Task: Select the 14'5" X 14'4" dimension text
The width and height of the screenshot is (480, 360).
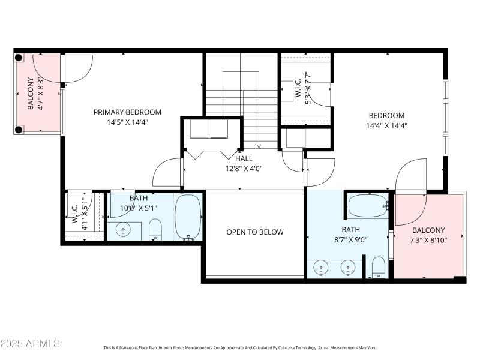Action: tap(127, 122)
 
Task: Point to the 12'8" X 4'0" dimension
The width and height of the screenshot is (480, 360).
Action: tap(244, 169)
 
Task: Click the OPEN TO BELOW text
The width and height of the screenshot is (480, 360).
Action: tap(255, 232)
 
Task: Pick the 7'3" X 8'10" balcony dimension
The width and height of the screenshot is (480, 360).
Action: tap(428, 240)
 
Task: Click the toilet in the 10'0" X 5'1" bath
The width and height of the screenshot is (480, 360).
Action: tap(155, 229)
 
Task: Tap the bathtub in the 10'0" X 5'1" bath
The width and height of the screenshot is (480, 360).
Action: tap(188, 217)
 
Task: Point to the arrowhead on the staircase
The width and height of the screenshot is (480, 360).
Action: tap(259, 146)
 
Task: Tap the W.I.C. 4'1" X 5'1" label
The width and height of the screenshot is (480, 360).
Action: tap(80, 214)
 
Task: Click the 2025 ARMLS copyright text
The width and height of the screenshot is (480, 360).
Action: tap(30, 344)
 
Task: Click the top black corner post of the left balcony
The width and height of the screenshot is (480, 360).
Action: tap(19, 58)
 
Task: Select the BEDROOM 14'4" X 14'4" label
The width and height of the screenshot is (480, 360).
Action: tap(386, 121)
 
